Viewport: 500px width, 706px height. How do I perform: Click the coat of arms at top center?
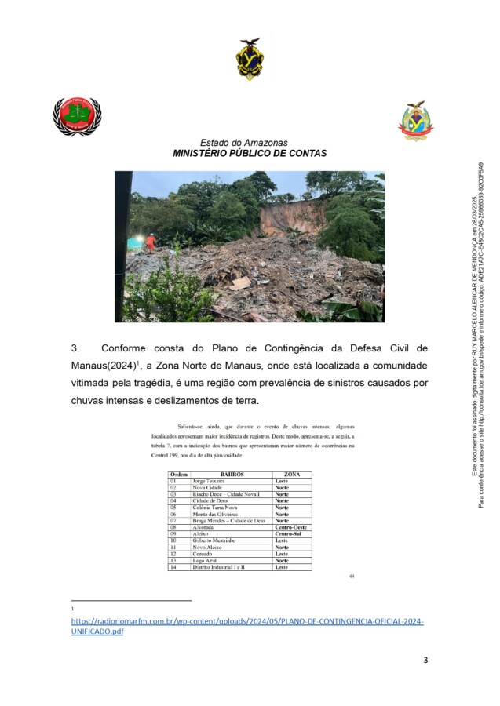click(250, 59)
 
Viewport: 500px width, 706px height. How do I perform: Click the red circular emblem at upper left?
click(76, 116)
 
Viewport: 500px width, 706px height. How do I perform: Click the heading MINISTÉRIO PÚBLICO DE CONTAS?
click(250, 155)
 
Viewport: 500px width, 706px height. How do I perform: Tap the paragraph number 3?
click(76, 348)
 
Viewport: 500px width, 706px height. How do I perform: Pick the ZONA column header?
click(291, 475)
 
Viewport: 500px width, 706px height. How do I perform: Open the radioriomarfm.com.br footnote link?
click(246, 621)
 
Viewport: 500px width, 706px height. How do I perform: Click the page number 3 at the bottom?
click(425, 660)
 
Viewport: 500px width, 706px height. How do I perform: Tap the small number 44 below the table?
click(352, 577)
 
